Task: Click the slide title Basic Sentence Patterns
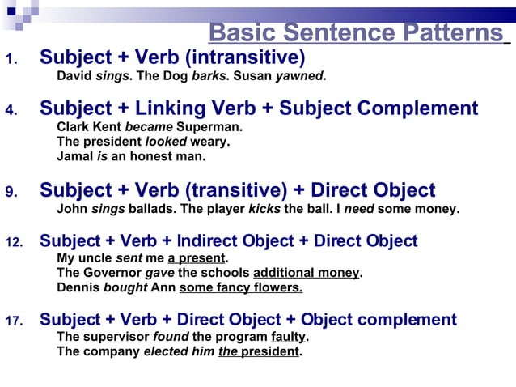point(356,33)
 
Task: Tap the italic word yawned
point(299,77)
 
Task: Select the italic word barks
point(209,77)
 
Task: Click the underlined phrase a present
point(197,258)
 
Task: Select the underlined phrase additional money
point(306,273)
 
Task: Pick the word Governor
point(111,273)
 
